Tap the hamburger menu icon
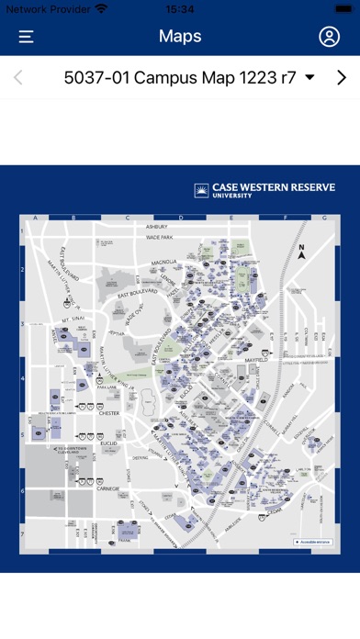pyautogui.click(x=27, y=37)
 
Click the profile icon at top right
pyautogui.click(x=329, y=37)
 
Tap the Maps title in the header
pyautogui.click(x=180, y=37)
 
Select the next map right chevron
pyautogui.click(x=342, y=77)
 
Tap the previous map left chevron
pyautogui.click(x=18, y=77)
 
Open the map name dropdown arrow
pyautogui.click(x=309, y=77)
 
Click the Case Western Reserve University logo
pyautogui.click(x=264, y=190)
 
